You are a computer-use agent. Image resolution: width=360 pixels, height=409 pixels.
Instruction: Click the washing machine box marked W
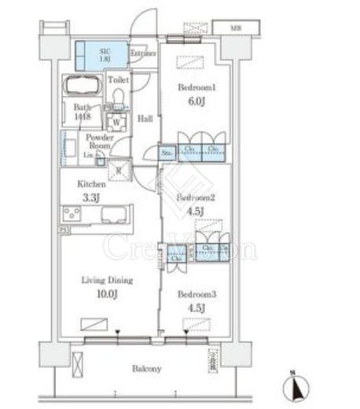(x=117, y=123)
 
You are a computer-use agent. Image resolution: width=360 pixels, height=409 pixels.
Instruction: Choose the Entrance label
(x=143, y=53)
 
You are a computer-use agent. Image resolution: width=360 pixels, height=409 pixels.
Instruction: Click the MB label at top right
(x=235, y=28)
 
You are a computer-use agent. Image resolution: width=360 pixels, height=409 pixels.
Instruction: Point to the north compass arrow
(x=295, y=385)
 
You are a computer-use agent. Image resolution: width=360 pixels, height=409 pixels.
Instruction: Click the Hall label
(x=145, y=119)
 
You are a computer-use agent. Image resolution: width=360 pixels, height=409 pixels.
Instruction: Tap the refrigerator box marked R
(x=118, y=168)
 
